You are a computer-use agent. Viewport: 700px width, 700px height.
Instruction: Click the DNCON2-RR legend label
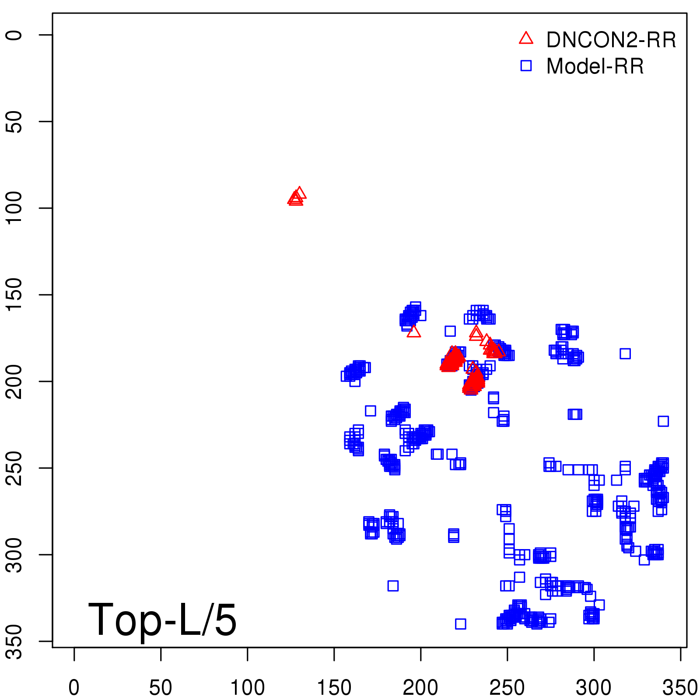pyautogui.click(x=611, y=40)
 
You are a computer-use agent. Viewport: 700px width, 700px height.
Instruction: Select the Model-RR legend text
pyautogui.click(x=595, y=66)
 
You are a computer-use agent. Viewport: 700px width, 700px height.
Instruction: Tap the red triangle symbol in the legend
pyautogui.click(x=526, y=38)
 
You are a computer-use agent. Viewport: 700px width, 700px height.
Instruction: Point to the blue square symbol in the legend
pyautogui.click(x=526, y=66)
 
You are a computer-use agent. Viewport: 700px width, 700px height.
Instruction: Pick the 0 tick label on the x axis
pyautogui.click(x=74, y=688)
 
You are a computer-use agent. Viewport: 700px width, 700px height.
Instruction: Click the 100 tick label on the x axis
pyautogui.click(x=247, y=688)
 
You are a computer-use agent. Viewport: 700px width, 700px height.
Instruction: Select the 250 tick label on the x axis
pyautogui.click(x=507, y=688)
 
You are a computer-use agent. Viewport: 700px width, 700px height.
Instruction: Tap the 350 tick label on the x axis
pyautogui.click(x=680, y=688)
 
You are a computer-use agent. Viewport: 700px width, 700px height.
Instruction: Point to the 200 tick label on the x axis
pyautogui.click(x=420, y=688)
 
